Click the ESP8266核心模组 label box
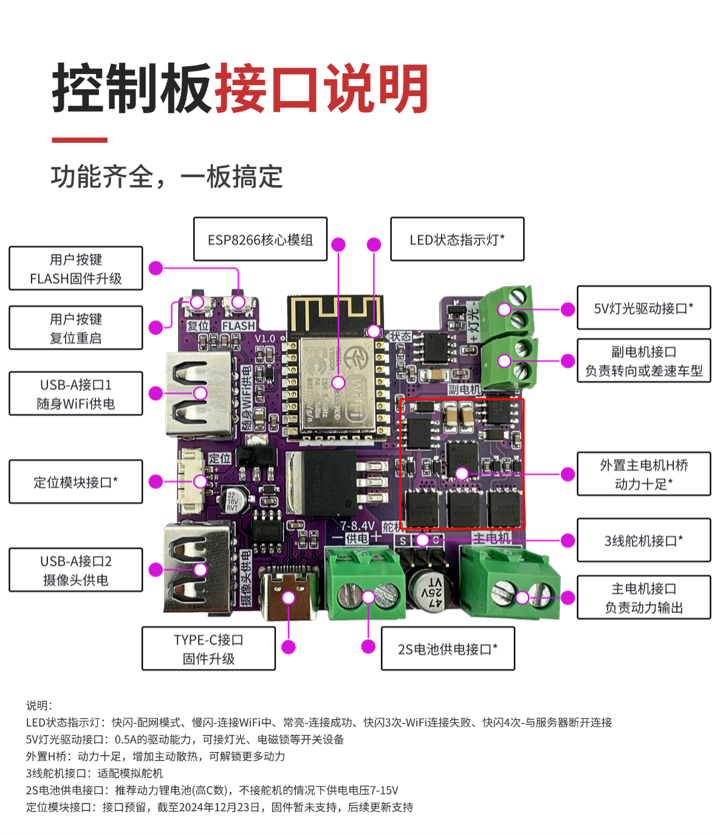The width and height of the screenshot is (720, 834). [260, 239]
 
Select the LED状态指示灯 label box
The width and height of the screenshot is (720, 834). [457, 239]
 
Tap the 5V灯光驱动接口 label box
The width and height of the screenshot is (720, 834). [643, 308]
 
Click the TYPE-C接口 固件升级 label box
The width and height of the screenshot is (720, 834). [208, 649]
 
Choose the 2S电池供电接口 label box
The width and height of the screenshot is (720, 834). [448, 649]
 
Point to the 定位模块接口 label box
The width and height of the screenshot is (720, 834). [76, 482]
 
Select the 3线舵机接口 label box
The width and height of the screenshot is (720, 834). [643, 540]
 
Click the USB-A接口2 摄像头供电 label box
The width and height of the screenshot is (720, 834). [76, 570]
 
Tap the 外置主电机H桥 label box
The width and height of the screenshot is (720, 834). [643, 474]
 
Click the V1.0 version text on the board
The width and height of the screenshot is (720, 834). [265, 338]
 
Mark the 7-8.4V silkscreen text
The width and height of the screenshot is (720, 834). [357, 525]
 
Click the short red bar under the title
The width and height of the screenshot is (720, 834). [80, 140]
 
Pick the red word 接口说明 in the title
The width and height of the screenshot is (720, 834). [321, 89]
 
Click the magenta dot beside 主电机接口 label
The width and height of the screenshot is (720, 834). [567, 598]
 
